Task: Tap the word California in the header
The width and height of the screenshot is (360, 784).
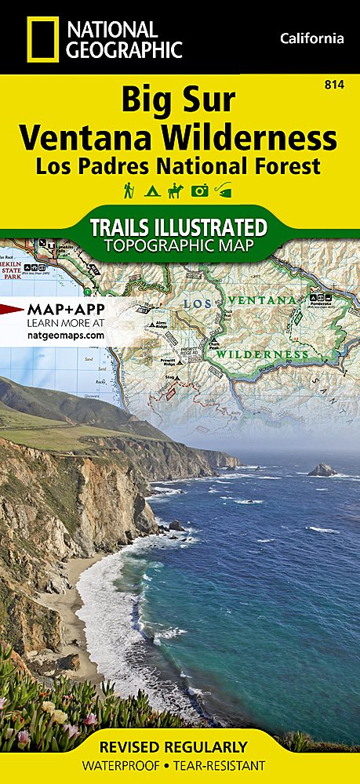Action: pos(311,38)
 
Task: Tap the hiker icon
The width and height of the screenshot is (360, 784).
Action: pos(128,190)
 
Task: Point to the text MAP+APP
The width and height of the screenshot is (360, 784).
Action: pos(66,308)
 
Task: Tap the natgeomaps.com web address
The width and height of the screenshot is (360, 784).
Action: pos(65,335)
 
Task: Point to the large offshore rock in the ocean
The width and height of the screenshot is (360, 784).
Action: pos(322,470)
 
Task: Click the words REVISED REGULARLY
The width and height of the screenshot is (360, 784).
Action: pos(180,746)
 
